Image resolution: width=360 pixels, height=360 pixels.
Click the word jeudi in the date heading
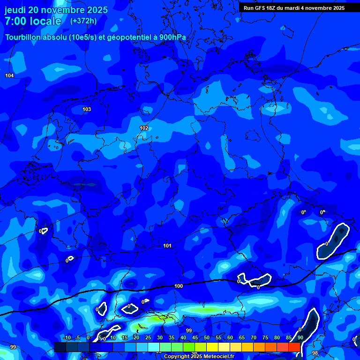tap(15, 10)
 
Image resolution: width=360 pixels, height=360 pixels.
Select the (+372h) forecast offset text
tap(83, 21)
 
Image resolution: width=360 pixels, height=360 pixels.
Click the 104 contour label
tap(9, 75)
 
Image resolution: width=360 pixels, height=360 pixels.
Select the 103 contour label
tap(87, 109)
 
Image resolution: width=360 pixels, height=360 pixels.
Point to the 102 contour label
tap(144, 128)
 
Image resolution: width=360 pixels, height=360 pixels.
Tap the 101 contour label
tap(167, 246)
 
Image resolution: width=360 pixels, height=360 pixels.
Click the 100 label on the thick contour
tap(179, 286)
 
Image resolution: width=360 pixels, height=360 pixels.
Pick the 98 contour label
tap(315, 353)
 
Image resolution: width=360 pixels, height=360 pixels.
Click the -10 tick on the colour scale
tap(67, 338)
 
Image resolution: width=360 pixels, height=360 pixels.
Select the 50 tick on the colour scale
tap(207, 338)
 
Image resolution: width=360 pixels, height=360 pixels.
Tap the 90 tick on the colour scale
tap(300, 338)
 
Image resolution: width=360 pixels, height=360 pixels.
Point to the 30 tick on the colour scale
tap(160, 338)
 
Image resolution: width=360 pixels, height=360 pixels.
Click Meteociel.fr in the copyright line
tap(219, 357)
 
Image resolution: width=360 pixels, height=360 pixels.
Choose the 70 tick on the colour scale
tap(254, 338)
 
